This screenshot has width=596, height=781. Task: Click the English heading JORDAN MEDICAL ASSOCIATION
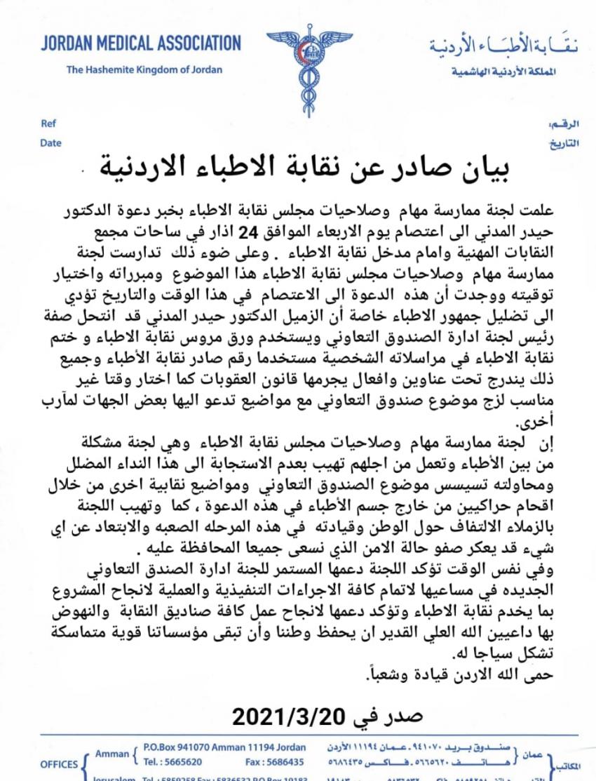[x=141, y=43]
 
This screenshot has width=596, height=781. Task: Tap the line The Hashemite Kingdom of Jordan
[x=144, y=69]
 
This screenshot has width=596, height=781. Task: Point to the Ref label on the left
[x=48, y=124]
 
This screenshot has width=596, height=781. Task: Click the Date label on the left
[x=50, y=142]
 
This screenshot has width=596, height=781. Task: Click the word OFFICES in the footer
[x=59, y=764]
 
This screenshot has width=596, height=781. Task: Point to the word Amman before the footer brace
[x=111, y=754]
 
